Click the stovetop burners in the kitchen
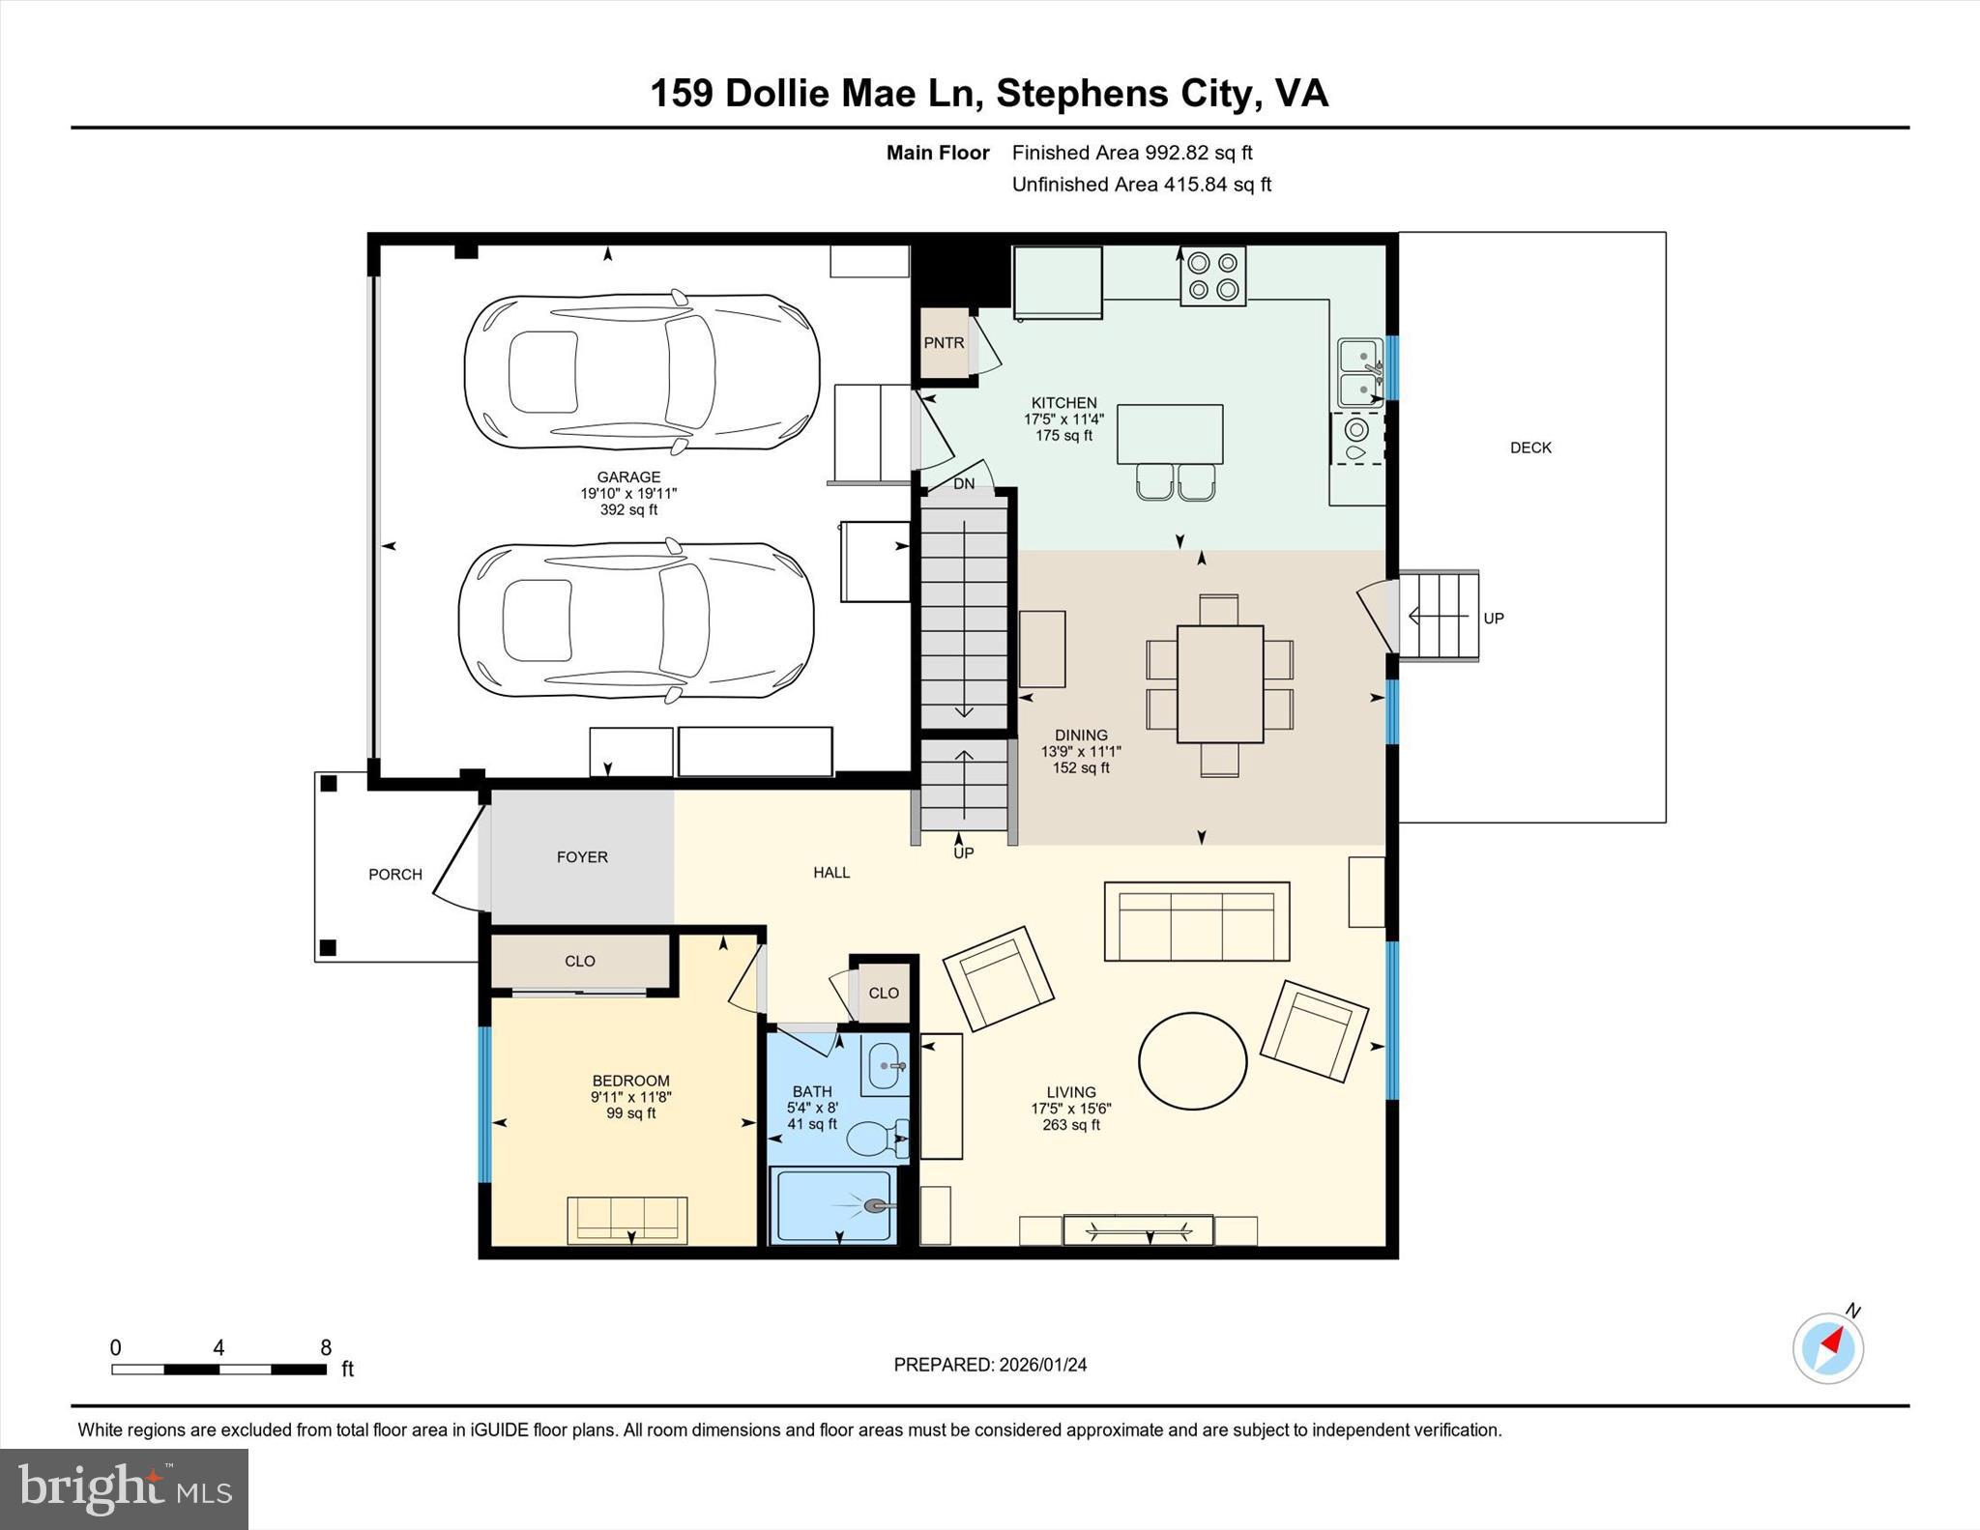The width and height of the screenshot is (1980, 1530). (1212, 275)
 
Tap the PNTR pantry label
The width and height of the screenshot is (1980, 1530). (943, 343)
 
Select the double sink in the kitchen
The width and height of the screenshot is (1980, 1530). (1359, 372)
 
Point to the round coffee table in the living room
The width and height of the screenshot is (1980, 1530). (1192, 1061)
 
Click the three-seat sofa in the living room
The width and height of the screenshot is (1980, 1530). (1196, 921)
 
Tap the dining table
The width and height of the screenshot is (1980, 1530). (1219, 684)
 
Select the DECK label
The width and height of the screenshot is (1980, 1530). (1530, 447)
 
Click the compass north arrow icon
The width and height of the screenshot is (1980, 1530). (1827, 1347)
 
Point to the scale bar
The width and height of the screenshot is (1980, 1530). (218, 1369)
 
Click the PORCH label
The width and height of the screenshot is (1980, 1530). (394, 875)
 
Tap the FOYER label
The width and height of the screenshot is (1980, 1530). (582, 857)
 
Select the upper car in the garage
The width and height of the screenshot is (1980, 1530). (642, 372)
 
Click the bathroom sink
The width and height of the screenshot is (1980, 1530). (884, 1066)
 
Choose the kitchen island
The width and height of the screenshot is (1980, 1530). (1169, 434)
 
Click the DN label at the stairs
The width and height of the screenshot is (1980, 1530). (964, 483)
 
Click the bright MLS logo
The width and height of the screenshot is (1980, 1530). (124, 1487)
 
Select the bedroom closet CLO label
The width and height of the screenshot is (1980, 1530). (579, 961)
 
